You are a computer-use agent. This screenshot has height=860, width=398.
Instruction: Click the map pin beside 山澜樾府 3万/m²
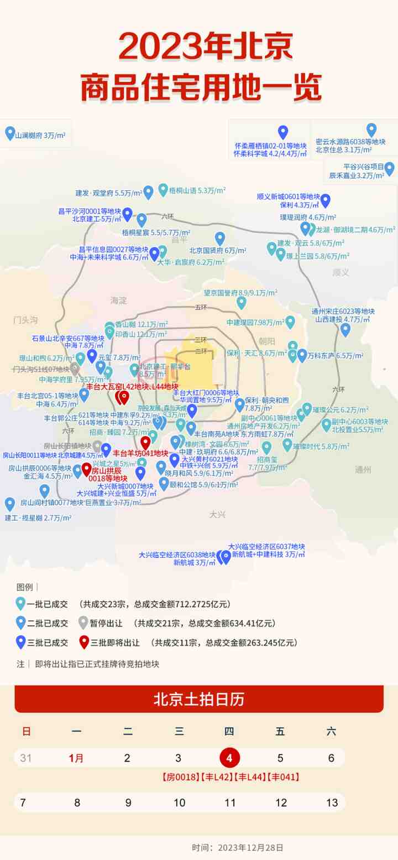(9, 133)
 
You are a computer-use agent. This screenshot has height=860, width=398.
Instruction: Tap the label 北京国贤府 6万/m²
(217, 251)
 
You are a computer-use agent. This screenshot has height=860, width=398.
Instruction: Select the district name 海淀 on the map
(118, 301)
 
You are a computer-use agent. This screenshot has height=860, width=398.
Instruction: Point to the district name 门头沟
(25, 320)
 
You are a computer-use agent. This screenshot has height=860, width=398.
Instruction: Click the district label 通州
(363, 470)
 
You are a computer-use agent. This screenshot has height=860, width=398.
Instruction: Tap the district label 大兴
(218, 514)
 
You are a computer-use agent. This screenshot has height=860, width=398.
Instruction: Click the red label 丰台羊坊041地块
(140, 453)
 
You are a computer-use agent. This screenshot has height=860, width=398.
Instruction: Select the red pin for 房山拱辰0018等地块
(86, 469)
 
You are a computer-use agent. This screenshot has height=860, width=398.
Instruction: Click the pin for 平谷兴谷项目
(390, 168)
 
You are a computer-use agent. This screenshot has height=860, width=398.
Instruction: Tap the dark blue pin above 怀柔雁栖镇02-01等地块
(283, 132)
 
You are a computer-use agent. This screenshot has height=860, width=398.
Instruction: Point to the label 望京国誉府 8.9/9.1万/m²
(240, 293)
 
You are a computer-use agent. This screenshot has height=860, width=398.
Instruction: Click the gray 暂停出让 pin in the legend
(83, 623)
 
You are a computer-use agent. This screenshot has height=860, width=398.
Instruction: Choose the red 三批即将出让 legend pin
(83, 642)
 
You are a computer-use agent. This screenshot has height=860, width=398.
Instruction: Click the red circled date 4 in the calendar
(229, 758)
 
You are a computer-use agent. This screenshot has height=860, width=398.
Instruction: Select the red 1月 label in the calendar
(76, 758)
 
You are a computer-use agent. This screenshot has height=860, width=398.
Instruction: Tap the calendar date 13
(332, 802)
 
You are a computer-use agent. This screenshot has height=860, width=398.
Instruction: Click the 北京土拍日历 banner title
(198, 699)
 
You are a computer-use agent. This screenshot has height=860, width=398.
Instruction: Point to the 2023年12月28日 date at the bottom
(251, 847)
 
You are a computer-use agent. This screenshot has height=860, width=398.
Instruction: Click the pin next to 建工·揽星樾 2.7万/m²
(9, 504)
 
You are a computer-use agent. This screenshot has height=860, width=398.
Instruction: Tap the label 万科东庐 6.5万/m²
(336, 356)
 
